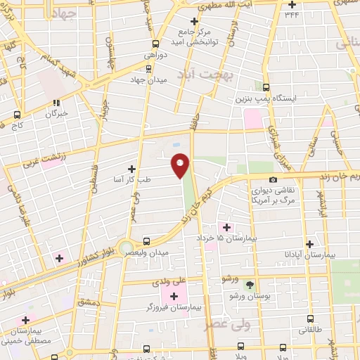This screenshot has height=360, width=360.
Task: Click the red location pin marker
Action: (181, 165)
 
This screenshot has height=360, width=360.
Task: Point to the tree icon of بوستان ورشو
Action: (250, 284)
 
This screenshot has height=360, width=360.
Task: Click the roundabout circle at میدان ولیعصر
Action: (126, 248)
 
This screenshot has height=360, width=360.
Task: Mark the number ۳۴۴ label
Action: (291, 13)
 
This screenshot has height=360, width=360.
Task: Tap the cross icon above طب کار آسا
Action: (132, 169)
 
